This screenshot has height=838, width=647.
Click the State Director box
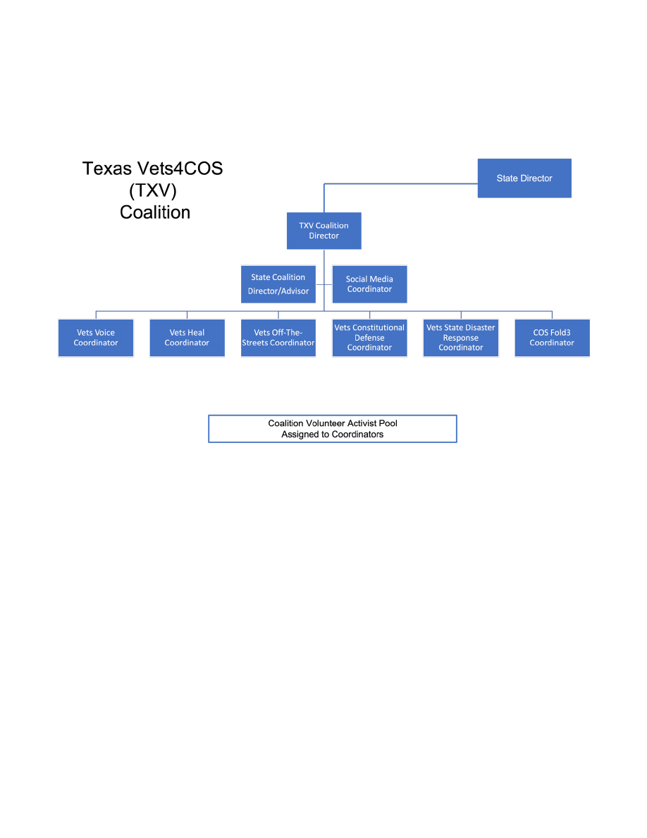pos(524,178)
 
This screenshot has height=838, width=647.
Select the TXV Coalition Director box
pos(324,231)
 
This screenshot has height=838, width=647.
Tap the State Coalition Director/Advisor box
pos(278,284)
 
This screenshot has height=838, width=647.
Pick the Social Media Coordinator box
pos(369,284)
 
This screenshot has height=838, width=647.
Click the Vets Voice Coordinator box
pos(96,338)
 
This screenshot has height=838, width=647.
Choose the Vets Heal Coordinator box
pos(187,338)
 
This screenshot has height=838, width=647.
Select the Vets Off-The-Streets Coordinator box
pos(278,338)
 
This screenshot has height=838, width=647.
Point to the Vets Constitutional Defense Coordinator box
pos(369,338)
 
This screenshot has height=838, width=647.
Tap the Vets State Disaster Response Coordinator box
pos(461,338)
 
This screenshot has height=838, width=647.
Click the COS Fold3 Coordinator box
pos(552,338)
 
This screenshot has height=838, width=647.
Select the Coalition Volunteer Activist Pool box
pos(333,429)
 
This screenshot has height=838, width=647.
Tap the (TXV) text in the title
pos(153,190)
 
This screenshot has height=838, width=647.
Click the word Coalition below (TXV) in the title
pos(155,212)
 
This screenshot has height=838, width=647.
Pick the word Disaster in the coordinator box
pos(480,328)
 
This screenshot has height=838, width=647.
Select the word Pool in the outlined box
pos(388,423)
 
